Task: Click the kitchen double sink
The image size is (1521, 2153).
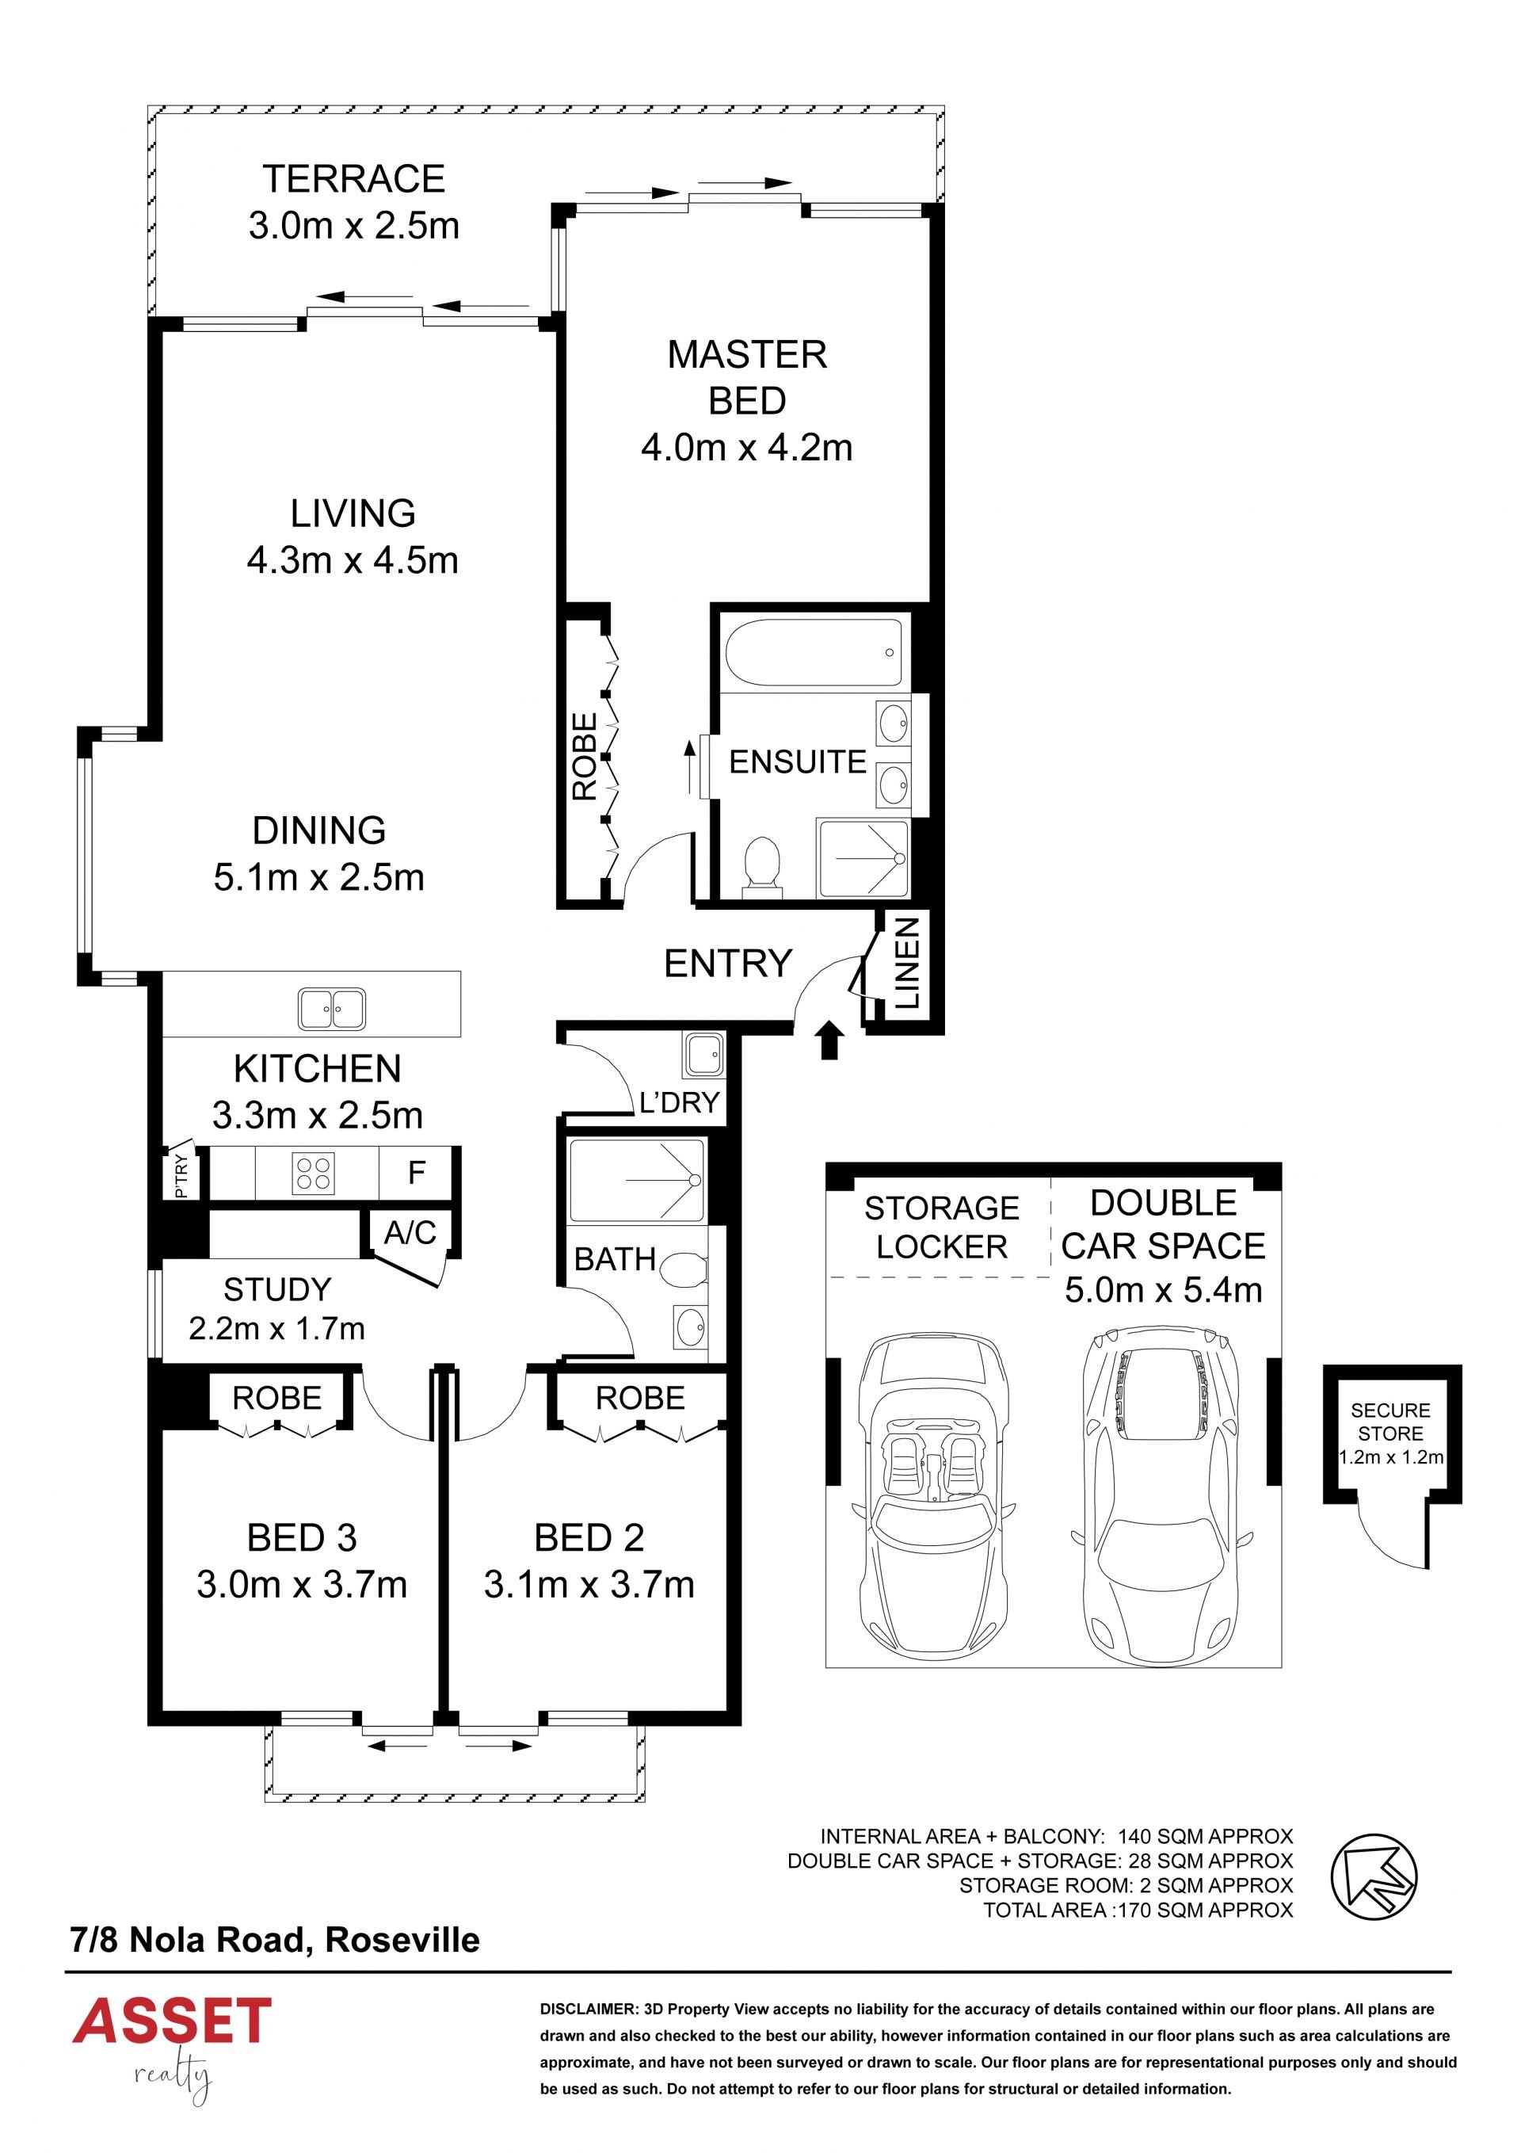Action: pyautogui.click(x=332, y=1009)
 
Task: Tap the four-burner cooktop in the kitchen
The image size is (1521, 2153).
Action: pyautogui.click(x=313, y=1172)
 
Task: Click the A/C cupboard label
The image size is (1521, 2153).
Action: pyautogui.click(x=410, y=1232)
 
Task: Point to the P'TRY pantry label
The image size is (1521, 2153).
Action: pyautogui.click(x=181, y=1176)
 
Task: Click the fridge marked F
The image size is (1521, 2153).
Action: pyautogui.click(x=417, y=1172)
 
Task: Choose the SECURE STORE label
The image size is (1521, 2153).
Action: pyautogui.click(x=1390, y=1422)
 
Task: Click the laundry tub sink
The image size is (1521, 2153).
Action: pyautogui.click(x=703, y=1055)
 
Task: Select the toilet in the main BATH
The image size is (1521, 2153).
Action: pyautogui.click(x=684, y=1273)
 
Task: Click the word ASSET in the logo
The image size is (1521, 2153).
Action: pyautogui.click(x=173, y=2021)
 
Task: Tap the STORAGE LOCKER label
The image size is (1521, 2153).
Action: pyautogui.click(x=941, y=1227)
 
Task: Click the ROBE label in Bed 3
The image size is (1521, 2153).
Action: pyautogui.click(x=276, y=1398)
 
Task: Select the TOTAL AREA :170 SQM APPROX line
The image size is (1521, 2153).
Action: pyautogui.click(x=1138, y=1911)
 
